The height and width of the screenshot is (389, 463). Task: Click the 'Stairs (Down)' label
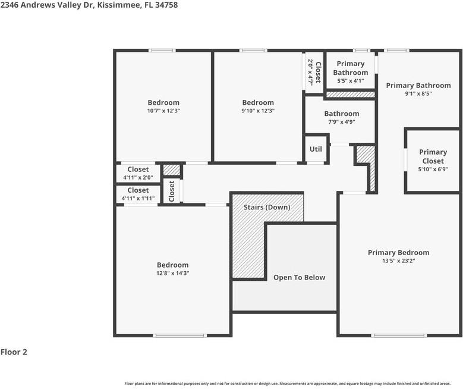tap(267, 208)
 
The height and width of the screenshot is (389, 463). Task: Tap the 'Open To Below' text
tap(299, 278)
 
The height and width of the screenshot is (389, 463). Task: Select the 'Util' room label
tap(316, 149)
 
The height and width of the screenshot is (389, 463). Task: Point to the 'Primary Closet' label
tap(433, 156)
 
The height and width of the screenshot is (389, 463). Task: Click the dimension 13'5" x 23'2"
tap(398, 261)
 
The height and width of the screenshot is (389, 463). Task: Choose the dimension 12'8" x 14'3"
tap(172, 274)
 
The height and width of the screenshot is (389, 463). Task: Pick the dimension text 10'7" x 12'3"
tap(163, 111)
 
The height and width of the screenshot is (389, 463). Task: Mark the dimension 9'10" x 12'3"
tap(258, 111)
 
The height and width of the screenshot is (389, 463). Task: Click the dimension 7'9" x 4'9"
tap(341, 122)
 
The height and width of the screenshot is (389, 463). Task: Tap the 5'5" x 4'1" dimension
tap(350, 81)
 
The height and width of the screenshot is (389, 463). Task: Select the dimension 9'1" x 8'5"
tap(418, 93)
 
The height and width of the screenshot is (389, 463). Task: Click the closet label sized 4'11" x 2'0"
tap(138, 170)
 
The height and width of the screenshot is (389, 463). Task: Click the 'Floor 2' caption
tap(14, 352)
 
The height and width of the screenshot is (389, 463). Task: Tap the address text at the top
tap(89, 5)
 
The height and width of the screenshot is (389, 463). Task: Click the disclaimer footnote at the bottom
tap(287, 384)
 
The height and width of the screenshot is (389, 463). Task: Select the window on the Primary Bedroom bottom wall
tap(390, 335)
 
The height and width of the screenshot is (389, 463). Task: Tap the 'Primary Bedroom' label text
tap(398, 253)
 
